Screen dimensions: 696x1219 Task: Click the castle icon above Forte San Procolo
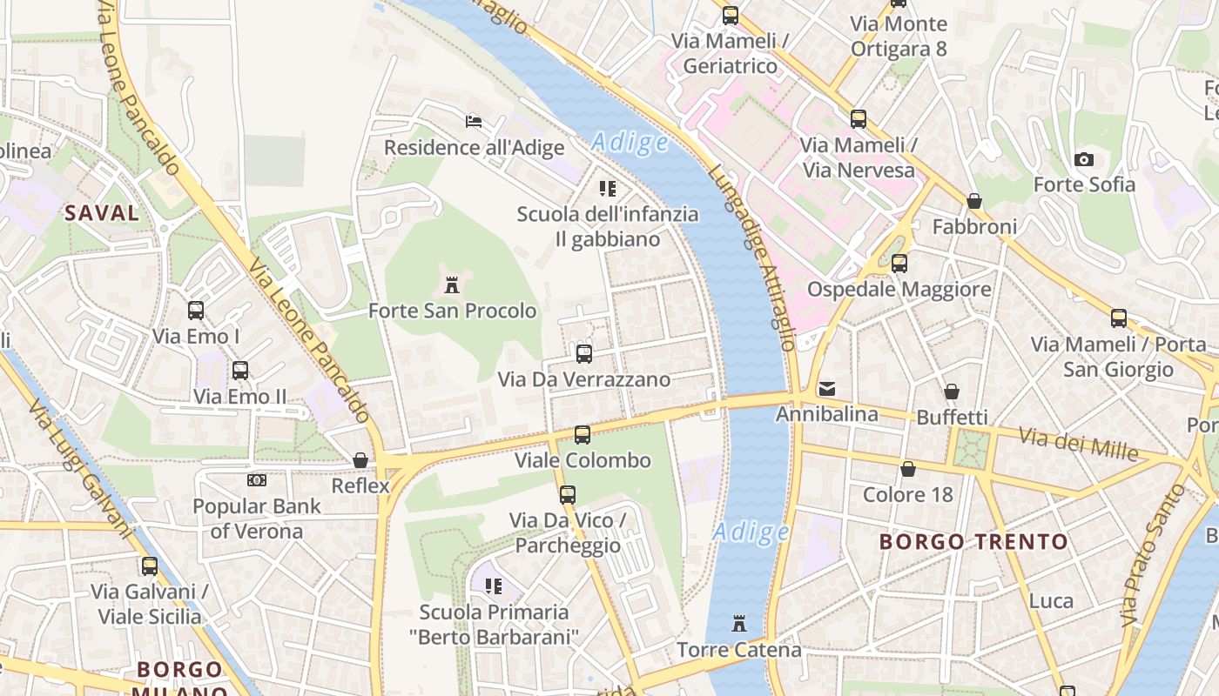[x=452, y=284]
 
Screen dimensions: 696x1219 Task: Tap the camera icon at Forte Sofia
[x=1084, y=159]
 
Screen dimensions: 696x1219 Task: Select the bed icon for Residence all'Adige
[x=474, y=121]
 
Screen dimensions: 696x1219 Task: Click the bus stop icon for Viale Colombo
[x=583, y=434]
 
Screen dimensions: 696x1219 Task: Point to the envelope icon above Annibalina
[x=826, y=388]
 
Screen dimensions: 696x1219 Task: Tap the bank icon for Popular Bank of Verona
[x=257, y=480]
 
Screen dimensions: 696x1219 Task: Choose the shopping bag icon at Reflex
[x=360, y=459]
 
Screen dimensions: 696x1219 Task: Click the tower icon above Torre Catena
[x=739, y=623]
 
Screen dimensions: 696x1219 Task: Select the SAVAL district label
[x=102, y=212]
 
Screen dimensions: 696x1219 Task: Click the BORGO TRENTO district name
[x=973, y=541]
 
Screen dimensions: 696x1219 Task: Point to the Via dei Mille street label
[x=1079, y=444]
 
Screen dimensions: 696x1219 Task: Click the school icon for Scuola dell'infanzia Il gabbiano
[x=608, y=188]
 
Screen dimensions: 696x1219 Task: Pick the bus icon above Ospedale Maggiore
[x=899, y=263]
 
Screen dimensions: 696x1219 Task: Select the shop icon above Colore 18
[x=908, y=469]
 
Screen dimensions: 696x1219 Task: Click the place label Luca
[x=1051, y=600]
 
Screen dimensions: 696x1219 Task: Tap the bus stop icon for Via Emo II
[x=240, y=371]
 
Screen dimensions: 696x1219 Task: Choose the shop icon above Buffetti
[x=952, y=391]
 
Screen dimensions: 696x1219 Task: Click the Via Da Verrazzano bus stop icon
[x=584, y=354]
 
